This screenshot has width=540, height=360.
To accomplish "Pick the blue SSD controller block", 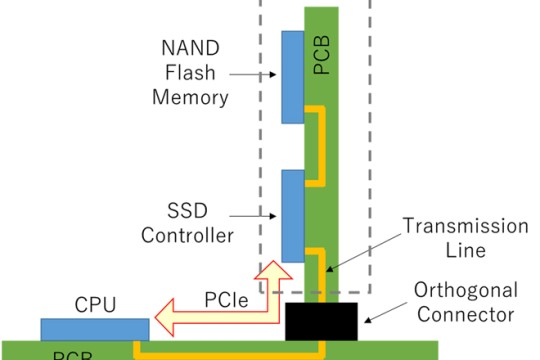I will point(293,216).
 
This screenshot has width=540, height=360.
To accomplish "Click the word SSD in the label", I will point(187,212).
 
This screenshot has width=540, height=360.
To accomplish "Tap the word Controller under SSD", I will point(187,236).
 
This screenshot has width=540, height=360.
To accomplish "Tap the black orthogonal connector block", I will point(321,321).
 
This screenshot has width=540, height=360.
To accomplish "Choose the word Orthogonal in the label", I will point(463,290).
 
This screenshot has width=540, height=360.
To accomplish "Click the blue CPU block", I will point(95,328).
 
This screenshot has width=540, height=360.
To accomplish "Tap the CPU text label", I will point(95,302).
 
